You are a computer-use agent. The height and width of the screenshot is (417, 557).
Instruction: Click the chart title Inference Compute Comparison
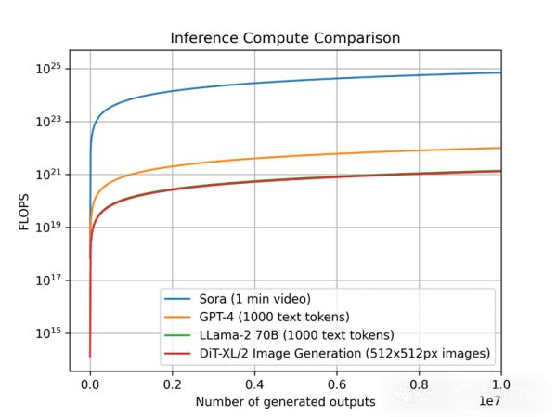(285, 39)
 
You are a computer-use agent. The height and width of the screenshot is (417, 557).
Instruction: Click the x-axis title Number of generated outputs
(286, 401)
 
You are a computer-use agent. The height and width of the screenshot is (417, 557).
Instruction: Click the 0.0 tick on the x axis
(90, 383)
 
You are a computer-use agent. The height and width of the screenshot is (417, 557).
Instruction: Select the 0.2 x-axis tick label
(172, 383)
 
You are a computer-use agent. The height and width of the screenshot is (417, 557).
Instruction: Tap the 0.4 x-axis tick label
(254, 383)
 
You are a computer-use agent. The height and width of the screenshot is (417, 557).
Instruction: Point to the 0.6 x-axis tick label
(337, 383)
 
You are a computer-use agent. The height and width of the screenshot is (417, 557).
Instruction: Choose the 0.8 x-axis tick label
(419, 383)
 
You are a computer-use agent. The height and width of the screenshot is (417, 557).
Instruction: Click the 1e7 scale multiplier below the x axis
(490, 400)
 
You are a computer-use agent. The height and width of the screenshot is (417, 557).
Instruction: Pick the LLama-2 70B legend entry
(295, 335)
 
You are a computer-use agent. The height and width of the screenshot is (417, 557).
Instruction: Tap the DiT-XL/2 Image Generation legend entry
(343, 353)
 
